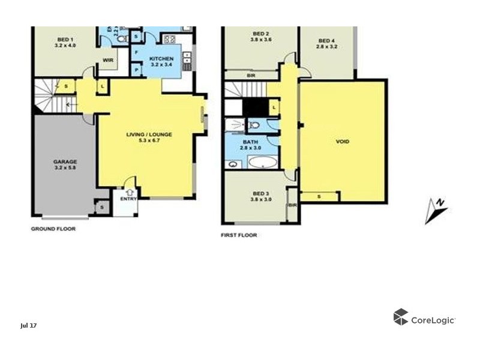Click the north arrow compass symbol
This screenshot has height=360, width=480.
click(436, 211)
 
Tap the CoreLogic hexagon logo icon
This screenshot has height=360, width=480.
click(400, 317)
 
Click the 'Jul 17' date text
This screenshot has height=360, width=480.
click(28, 325)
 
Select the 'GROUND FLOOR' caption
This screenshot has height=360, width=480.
click(53, 229)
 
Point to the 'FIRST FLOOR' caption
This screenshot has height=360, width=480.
click(239, 235)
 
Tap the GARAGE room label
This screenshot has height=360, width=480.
click(65, 161)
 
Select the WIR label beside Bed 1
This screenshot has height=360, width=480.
click(109, 60)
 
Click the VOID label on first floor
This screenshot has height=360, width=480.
click(343, 142)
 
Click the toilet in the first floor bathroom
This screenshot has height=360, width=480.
click(254, 125)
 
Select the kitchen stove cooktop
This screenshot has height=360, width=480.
click(169, 40)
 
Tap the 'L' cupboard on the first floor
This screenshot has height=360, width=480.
click(274, 107)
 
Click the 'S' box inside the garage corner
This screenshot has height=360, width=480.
click(102, 208)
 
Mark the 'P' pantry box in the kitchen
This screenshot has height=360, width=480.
click(137, 70)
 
